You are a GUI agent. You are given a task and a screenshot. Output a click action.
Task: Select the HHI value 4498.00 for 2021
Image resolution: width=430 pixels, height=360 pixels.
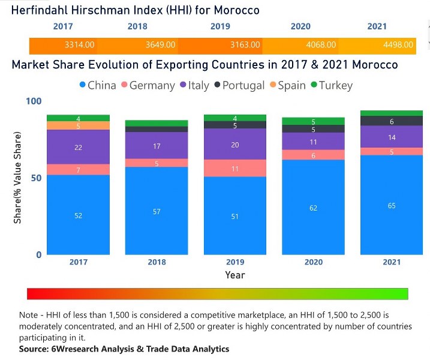pyautogui.click(x=398, y=45)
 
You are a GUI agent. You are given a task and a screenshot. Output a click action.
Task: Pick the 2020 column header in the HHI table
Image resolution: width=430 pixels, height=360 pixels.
pyautogui.click(x=300, y=26)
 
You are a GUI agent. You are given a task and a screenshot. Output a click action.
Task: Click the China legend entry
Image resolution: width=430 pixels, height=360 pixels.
pyautogui.click(x=97, y=85)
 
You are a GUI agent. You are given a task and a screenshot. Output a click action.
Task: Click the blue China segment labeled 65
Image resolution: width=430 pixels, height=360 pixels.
pyautogui.click(x=392, y=205)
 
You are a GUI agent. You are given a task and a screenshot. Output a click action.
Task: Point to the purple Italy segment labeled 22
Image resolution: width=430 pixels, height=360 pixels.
pyautogui.click(x=78, y=147)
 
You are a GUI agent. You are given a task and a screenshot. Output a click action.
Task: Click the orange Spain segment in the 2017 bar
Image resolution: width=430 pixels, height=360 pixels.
pyautogui.click(x=78, y=126)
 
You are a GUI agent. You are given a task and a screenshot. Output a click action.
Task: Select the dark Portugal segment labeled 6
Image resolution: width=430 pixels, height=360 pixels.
pyautogui.click(x=392, y=121)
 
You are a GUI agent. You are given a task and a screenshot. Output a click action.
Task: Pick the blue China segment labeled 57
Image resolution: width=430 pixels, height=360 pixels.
pyautogui.click(x=156, y=211)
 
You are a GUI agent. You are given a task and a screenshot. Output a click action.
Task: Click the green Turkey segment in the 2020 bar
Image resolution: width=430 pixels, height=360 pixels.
pyautogui.click(x=313, y=121)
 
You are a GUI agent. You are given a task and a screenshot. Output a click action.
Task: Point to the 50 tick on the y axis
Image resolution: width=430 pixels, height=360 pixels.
pyautogui.click(x=35, y=178)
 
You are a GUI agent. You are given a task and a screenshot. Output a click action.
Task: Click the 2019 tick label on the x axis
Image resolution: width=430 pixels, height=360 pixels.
pyautogui.click(x=234, y=262)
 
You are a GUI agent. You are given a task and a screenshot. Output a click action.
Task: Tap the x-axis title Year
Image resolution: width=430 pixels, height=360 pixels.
pyautogui.click(x=234, y=275)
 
